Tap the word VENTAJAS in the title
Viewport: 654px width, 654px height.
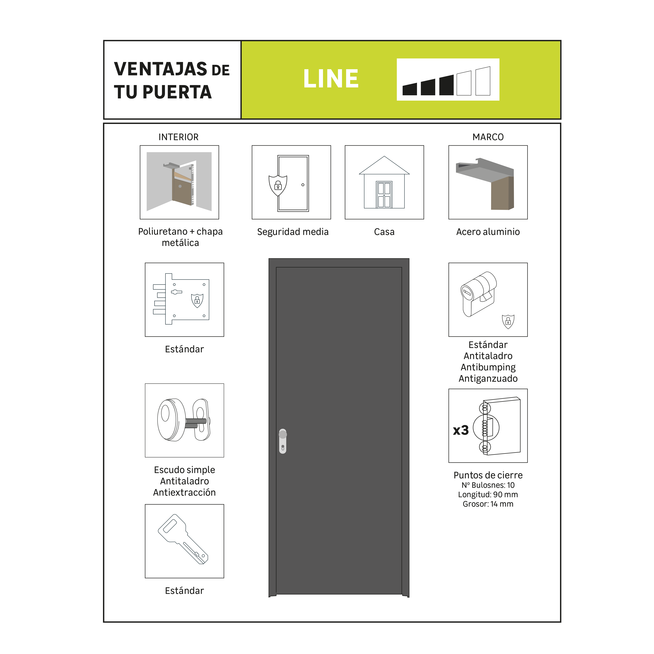[x=160, y=69]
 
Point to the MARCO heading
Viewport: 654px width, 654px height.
[x=488, y=137]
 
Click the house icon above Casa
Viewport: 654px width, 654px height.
[x=384, y=183]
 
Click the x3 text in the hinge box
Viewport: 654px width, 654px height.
[x=461, y=430]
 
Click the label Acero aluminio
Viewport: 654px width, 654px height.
[x=488, y=232]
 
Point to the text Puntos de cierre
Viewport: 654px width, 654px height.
[x=488, y=475]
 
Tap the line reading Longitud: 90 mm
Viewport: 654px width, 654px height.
[x=488, y=495]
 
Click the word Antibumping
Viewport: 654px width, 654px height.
[x=488, y=367]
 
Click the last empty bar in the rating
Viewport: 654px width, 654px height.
[x=483, y=81]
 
